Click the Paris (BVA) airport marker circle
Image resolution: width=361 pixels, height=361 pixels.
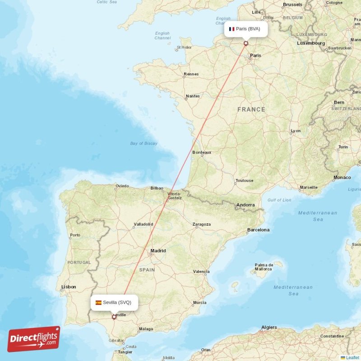pyautogui.click(x=246, y=43)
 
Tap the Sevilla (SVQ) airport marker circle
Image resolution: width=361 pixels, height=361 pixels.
pyautogui.click(x=114, y=317)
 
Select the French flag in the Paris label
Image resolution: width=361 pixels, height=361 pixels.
pyautogui.click(x=231, y=29)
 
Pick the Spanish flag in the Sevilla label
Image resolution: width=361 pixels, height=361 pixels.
pyautogui.click(x=98, y=302)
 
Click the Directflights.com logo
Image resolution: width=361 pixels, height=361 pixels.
pyautogui.click(x=34, y=339)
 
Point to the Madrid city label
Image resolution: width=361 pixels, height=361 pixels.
pyautogui.click(x=158, y=251)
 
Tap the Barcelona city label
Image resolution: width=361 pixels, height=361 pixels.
pyautogui.click(x=258, y=230)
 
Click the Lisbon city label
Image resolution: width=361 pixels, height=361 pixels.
pyautogui.click(x=69, y=287)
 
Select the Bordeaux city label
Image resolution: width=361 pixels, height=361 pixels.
pyautogui.click(x=202, y=153)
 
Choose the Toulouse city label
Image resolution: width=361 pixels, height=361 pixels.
pyautogui.click(x=244, y=180)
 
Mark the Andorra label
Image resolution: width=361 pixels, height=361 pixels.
pyautogui.click(x=245, y=205)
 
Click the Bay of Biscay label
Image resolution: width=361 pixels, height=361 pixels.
pyautogui.click(x=143, y=143)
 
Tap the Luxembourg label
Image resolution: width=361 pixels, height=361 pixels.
pyautogui.click(x=311, y=43)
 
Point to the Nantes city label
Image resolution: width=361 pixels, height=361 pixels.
pyautogui.click(x=193, y=96)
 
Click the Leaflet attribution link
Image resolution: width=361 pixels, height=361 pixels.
pyautogui.click(x=352, y=357)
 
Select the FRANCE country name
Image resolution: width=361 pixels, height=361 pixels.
pyautogui.click(x=251, y=110)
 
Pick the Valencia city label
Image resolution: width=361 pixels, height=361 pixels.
pyautogui.click(x=201, y=272)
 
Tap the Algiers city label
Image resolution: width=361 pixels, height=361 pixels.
pyautogui.click(x=269, y=327)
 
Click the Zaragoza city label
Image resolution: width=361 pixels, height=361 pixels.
pyautogui.click(x=201, y=224)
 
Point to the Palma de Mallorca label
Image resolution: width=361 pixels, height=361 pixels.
pyautogui.click(x=264, y=267)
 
